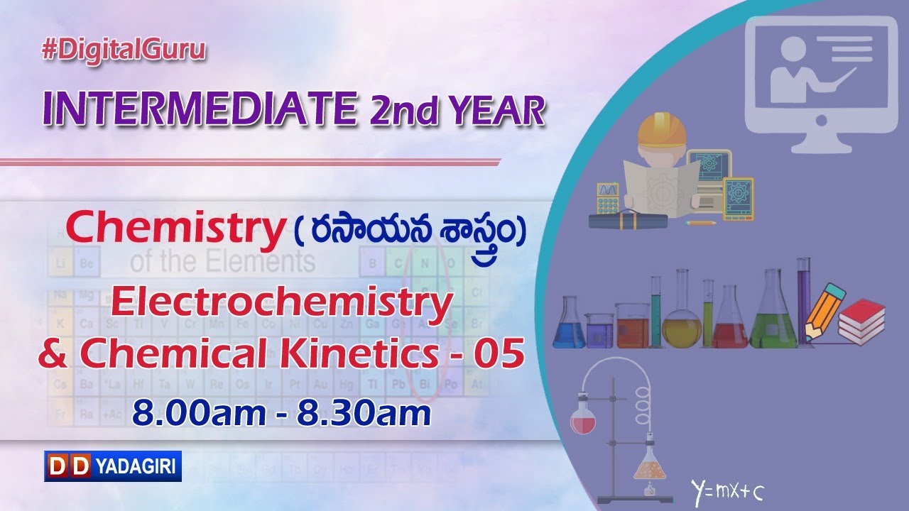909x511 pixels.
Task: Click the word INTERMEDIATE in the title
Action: (x=199, y=108)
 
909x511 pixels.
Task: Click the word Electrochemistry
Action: (x=282, y=304)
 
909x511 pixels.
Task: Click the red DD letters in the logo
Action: (x=68, y=466)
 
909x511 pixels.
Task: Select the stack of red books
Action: (x=861, y=321)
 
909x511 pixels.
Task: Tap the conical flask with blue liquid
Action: (x=569, y=327)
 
